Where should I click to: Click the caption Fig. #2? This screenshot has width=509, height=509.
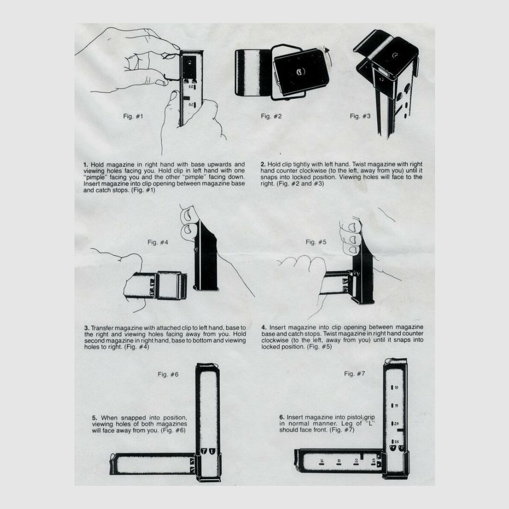click(x=271, y=116)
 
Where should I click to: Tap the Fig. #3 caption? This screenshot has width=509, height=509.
click(x=360, y=116)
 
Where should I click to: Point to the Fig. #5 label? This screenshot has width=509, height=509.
click(x=316, y=242)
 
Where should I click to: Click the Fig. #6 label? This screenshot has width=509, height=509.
click(x=168, y=374)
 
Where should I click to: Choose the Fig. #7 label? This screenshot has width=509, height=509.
click(x=355, y=373)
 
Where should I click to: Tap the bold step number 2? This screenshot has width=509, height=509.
click(x=263, y=164)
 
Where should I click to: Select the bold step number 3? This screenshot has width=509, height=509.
click(x=86, y=328)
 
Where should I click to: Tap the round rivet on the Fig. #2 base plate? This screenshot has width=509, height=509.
click(x=299, y=71)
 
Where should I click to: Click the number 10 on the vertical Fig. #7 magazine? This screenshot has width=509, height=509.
click(x=397, y=387)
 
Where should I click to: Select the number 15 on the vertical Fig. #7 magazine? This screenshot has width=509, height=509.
click(x=397, y=406)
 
